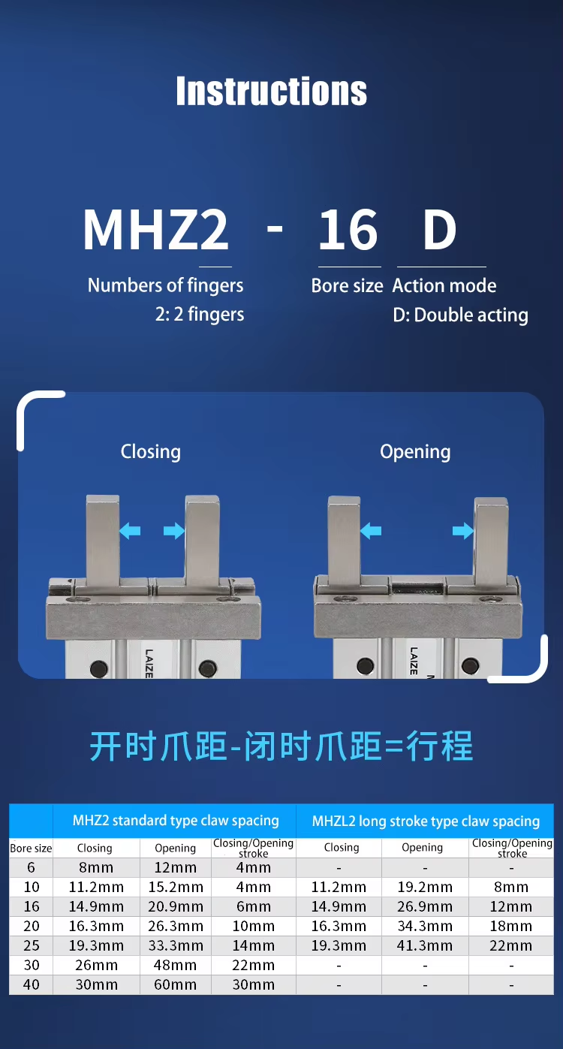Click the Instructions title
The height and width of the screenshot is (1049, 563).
point(272,91)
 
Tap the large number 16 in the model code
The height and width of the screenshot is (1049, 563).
point(348,230)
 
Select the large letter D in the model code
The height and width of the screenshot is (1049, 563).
point(439,230)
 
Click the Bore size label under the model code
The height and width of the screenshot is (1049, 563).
point(348,285)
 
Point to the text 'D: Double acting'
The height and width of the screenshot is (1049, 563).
point(460,315)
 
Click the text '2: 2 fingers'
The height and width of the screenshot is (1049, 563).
point(200,314)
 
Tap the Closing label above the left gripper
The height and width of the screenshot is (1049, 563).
point(151,452)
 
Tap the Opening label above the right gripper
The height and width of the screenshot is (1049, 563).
point(415,452)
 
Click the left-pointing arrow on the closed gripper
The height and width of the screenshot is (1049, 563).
point(130,531)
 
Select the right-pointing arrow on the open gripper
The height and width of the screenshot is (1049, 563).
point(463,531)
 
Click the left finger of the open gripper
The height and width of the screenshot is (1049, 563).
point(345,541)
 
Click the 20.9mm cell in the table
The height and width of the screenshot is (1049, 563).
point(176,906)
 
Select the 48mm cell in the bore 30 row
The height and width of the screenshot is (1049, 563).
point(176,965)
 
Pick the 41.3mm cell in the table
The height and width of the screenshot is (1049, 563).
point(425,945)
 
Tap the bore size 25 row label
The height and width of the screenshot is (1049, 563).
point(32,945)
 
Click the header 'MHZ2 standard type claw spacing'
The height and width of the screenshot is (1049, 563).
point(176,821)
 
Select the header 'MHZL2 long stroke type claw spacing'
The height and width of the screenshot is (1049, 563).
point(426,821)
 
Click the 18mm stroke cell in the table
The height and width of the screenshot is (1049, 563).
point(511,927)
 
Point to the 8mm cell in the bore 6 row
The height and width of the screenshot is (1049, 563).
point(96,868)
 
